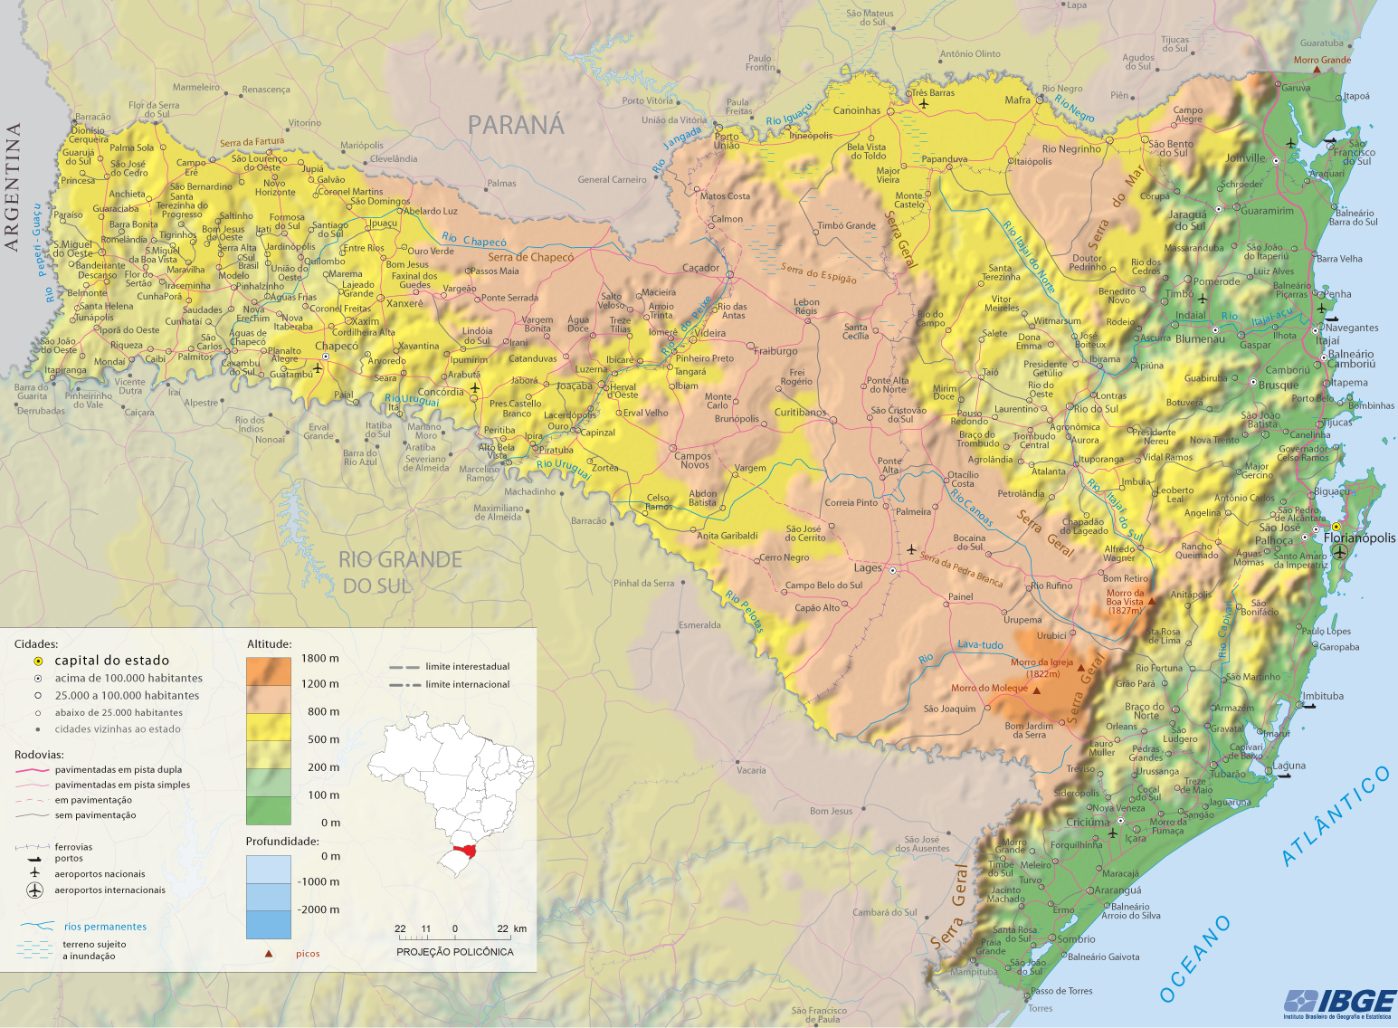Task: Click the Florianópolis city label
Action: (x=1359, y=538)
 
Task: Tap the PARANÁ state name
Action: (x=516, y=125)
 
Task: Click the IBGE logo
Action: (x=1340, y=1002)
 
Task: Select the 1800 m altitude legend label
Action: (x=320, y=658)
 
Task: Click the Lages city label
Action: (x=867, y=568)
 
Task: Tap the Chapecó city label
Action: (x=337, y=346)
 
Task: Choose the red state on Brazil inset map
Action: (x=466, y=851)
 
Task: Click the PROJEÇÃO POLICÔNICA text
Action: (x=454, y=952)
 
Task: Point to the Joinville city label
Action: (x=1245, y=157)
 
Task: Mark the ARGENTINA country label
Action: (x=12, y=187)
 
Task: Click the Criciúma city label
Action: (x=1087, y=823)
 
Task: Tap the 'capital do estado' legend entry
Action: (x=111, y=661)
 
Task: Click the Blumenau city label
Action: (x=1200, y=339)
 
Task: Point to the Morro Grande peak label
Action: (x=1321, y=61)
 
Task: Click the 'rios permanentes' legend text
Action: (x=105, y=927)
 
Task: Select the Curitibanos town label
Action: (x=800, y=412)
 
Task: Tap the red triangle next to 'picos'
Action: (x=269, y=954)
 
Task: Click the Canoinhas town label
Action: (x=856, y=110)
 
